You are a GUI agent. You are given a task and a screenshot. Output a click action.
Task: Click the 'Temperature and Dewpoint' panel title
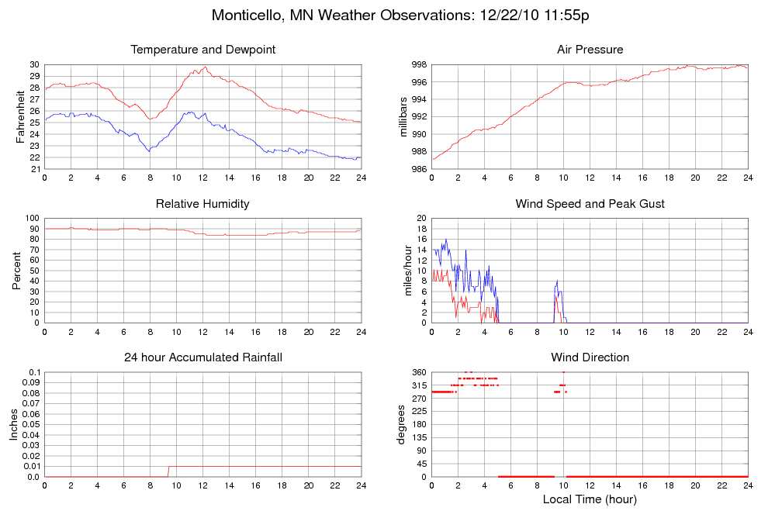click(x=203, y=50)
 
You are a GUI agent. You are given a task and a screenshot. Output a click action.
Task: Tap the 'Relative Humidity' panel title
click(x=203, y=204)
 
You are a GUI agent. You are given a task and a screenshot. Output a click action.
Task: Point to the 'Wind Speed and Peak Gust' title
click(x=590, y=204)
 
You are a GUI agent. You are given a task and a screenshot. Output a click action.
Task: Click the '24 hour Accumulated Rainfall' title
click(x=203, y=357)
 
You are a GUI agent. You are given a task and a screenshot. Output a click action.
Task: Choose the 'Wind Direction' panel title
click(x=590, y=357)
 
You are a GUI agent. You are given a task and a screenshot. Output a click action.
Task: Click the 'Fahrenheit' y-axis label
click(x=20, y=116)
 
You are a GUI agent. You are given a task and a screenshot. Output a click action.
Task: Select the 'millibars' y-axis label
click(x=403, y=116)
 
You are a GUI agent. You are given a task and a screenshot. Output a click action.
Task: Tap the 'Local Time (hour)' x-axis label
click(x=590, y=499)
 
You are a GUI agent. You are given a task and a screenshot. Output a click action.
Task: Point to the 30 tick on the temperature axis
click(x=35, y=64)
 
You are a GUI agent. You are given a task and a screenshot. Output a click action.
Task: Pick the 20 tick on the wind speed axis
click(x=421, y=218)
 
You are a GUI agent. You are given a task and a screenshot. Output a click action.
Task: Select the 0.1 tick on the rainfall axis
click(x=35, y=372)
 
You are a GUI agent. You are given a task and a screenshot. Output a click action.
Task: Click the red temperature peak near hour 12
click(x=204, y=67)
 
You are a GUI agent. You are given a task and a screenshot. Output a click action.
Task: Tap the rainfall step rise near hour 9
click(x=168, y=471)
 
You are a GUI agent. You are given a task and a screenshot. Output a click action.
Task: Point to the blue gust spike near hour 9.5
click(x=557, y=281)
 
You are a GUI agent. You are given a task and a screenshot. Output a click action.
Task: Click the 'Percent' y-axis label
click(x=16, y=271)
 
